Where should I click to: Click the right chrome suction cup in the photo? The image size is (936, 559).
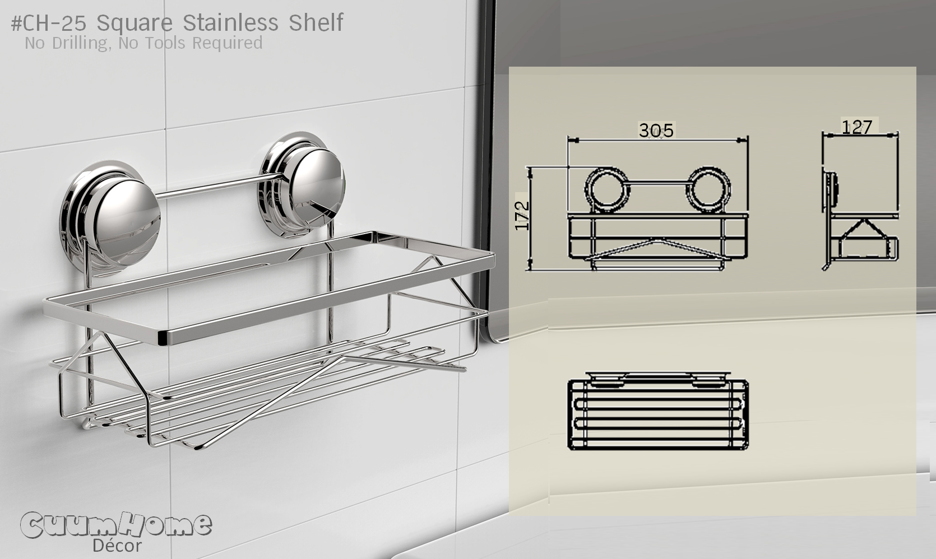[303, 179]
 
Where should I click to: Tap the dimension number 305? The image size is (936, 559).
[656, 131]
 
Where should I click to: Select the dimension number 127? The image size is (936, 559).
[857, 128]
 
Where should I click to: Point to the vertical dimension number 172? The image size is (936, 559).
[522, 215]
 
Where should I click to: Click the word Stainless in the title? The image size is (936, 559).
[230, 23]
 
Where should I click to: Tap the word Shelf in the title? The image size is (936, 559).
[316, 23]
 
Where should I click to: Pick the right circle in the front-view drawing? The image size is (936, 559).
[709, 189]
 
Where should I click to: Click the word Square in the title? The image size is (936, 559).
[135, 23]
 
